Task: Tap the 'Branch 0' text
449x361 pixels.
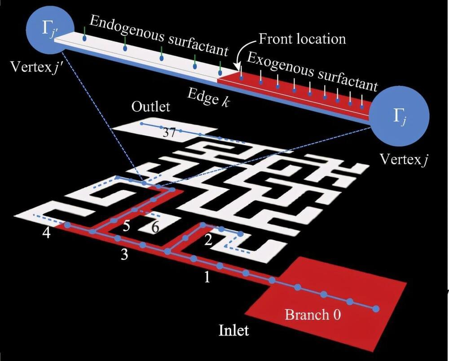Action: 313,314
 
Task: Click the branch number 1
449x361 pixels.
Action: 207,278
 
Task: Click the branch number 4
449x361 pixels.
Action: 47,234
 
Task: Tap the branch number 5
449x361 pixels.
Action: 127,226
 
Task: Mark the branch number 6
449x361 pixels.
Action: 155,227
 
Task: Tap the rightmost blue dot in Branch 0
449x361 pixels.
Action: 376,309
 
